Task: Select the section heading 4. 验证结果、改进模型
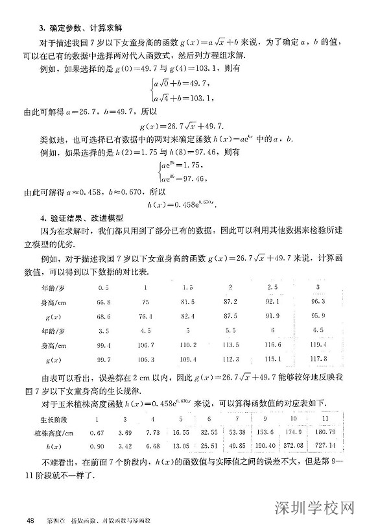(77, 218)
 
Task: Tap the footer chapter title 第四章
(56, 519)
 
